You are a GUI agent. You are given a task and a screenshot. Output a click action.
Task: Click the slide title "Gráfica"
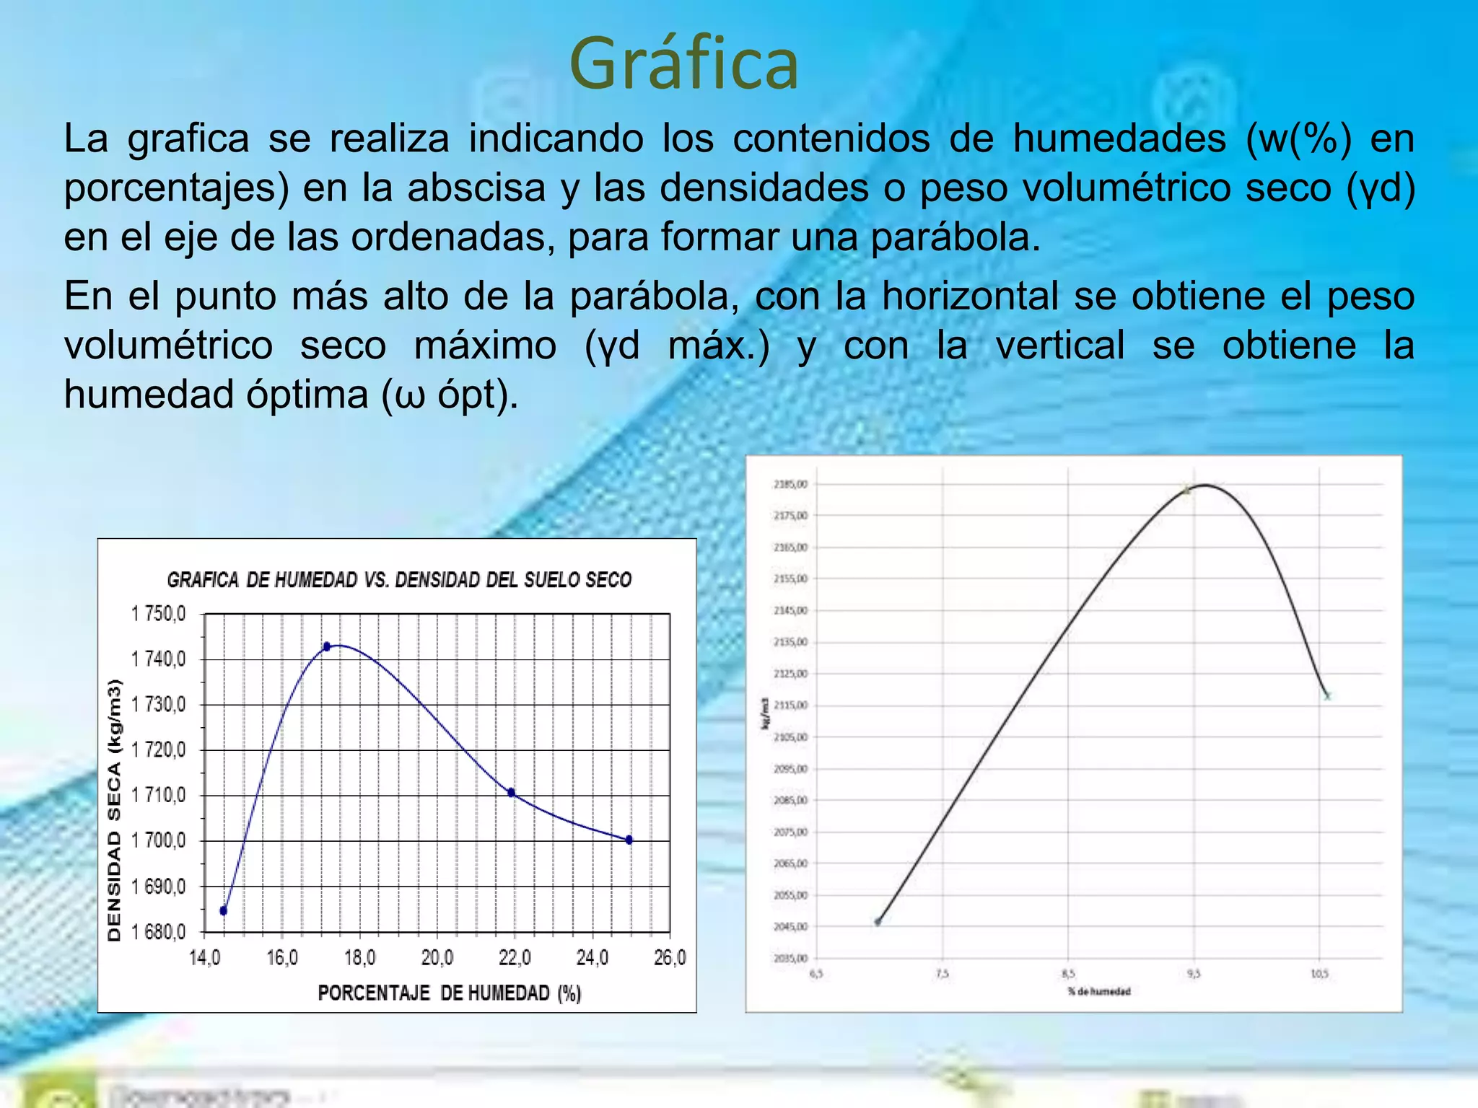pos(684,65)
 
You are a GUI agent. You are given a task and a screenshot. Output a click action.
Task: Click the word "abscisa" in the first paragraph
pos(476,188)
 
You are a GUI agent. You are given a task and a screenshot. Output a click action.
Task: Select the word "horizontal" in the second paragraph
pos(970,296)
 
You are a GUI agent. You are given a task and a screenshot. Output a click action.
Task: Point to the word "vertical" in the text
pos(1060,345)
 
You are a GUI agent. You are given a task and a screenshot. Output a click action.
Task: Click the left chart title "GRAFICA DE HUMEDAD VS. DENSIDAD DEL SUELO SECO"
pos(399,580)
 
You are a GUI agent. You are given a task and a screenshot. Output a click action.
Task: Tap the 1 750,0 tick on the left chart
pos(158,614)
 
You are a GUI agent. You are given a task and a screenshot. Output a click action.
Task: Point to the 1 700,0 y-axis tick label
pos(158,840)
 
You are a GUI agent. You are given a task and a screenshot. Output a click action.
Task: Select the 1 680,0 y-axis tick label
pos(158,932)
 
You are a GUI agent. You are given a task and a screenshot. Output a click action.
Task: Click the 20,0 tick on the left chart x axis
pos(437,958)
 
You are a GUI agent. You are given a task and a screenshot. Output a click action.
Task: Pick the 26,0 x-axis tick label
pos(670,958)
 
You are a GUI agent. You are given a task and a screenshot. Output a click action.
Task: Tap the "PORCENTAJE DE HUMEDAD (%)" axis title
pos(449,993)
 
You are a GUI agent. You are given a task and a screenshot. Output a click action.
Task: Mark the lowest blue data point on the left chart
pos(224,910)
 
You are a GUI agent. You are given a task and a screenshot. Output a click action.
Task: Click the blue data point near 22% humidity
pos(512,793)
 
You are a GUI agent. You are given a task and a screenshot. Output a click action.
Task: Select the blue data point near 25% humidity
pos(629,840)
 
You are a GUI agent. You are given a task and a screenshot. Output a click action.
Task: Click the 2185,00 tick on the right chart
pos(790,484)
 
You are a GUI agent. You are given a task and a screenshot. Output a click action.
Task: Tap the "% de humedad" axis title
pos(1099,992)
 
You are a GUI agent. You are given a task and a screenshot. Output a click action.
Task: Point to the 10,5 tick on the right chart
pos(1319,974)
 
